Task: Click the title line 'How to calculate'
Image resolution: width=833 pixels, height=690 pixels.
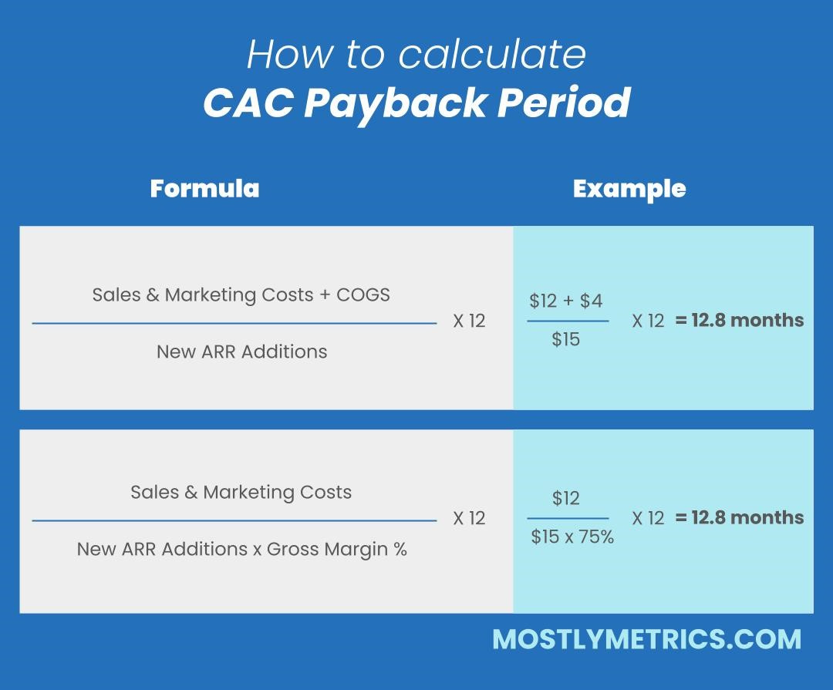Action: tap(416, 54)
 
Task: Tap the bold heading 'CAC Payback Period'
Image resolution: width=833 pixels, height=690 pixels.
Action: tap(416, 103)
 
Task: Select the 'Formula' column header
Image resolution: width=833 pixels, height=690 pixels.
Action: tap(204, 189)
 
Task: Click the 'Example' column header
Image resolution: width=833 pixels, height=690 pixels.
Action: tap(629, 189)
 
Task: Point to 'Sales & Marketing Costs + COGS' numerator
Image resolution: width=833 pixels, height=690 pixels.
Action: tap(241, 295)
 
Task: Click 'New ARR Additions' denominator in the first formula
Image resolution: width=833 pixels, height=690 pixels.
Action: tap(241, 352)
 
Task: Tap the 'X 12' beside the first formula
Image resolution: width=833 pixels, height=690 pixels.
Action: tap(469, 321)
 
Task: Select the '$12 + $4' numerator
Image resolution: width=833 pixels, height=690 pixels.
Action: tap(566, 301)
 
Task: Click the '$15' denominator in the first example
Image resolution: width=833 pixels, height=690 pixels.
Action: tap(566, 339)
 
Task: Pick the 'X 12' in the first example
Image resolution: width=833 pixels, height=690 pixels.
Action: tap(648, 321)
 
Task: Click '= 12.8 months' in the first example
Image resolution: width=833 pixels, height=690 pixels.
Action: tap(740, 320)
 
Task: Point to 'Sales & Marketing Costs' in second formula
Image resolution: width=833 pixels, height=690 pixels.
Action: tap(241, 492)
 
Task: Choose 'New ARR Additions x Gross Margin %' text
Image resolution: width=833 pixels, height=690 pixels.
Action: tap(241, 549)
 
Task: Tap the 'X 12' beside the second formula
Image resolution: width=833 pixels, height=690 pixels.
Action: tap(469, 518)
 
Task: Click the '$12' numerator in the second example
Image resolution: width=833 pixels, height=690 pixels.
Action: tap(566, 498)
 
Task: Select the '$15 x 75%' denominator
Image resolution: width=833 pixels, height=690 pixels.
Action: tap(572, 537)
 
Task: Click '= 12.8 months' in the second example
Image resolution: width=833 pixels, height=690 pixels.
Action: tap(740, 517)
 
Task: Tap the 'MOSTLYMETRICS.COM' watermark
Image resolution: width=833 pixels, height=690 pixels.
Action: tap(646, 639)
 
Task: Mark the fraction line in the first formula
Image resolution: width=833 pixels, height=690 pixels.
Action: tap(234, 324)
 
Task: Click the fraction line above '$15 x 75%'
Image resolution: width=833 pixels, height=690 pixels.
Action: tap(568, 519)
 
